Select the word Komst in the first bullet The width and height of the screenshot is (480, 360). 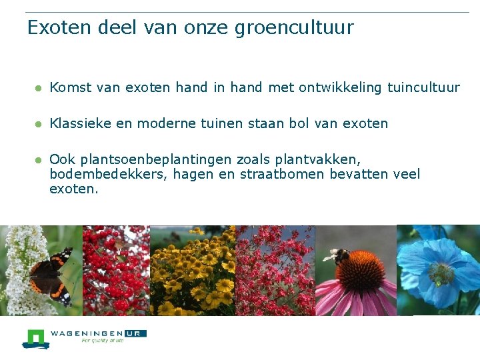[x=70, y=87]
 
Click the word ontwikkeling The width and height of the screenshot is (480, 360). [x=340, y=87]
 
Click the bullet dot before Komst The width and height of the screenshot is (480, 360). [x=39, y=88]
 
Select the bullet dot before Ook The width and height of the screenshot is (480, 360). [x=39, y=160]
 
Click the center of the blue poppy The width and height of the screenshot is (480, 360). [x=441, y=272]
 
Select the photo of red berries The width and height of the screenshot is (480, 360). [x=116, y=270]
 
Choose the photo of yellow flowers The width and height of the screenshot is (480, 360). [x=193, y=270]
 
